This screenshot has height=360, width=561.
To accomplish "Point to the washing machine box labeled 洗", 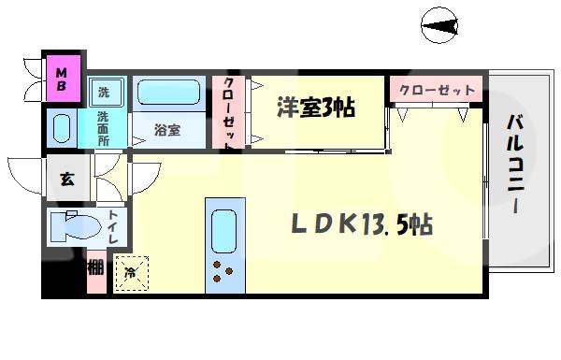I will pyautogui.click(x=105, y=92).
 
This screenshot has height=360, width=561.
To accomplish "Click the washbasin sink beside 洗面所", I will pyautogui.click(x=63, y=128).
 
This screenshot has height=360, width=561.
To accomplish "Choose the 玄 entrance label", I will pyautogui.click(x=67, y=178).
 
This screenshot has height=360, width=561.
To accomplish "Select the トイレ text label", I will pyautogui.click(x=112, y=228).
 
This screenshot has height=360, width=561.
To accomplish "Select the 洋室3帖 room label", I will pyautogui.click(x=314, y=107).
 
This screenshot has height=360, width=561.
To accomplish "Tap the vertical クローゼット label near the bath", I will pyautogui.click(x=229, y=112).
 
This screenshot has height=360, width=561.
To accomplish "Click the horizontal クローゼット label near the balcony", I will pyautogui.click(x=437, y=91).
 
